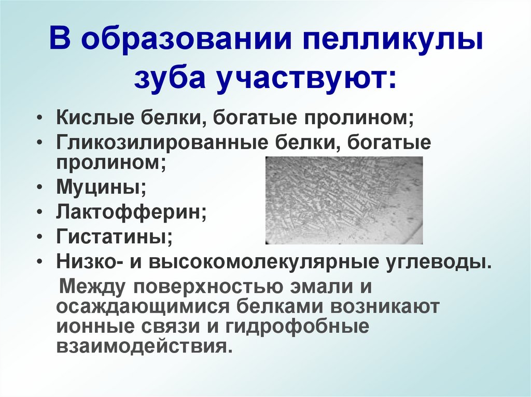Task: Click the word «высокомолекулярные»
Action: pos(262,261)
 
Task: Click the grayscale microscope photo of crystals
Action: pos(344,200)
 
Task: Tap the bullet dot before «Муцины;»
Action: pos(41,187)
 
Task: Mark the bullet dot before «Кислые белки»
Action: pos(41,118)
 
